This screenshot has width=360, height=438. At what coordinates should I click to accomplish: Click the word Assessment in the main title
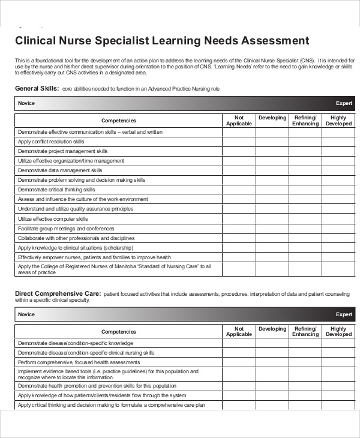click(275, 41)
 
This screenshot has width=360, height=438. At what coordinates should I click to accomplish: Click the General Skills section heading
click(36, 89)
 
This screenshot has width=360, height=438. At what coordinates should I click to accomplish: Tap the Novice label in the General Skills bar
click(26, 103)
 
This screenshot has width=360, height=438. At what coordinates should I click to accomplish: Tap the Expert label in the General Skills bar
click(344, 103)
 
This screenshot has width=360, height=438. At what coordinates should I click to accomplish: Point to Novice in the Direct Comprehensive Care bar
click(26, 314)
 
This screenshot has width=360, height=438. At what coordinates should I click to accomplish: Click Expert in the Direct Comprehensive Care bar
click(344, 314)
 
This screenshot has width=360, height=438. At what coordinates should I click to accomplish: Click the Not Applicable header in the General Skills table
click(239, 121)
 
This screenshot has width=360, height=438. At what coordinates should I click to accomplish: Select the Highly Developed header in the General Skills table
click(338, 121)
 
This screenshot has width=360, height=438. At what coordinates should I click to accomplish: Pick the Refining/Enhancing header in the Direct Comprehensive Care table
click(305, 331)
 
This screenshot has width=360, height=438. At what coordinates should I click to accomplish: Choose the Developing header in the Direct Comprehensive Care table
click(272, 329)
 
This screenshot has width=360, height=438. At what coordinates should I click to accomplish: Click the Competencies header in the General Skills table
click(118, 121)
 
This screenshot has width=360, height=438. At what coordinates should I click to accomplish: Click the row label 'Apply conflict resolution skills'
click(51, 142)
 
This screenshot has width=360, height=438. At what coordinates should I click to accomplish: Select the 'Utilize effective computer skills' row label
click(53, 219)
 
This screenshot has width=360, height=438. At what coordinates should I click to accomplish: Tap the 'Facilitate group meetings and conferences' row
click(66, 229)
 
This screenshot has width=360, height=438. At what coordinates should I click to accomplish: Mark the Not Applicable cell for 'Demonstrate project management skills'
click(239, 151)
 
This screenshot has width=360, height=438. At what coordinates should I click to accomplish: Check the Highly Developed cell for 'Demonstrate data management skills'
click(338, 170)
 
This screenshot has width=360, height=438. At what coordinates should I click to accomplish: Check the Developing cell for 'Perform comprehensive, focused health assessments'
click(272, 362)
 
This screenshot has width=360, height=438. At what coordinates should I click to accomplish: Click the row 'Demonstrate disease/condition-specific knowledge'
click(75, 343)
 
